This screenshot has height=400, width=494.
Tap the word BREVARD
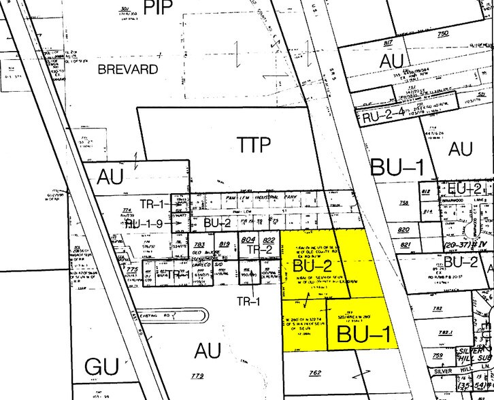122,69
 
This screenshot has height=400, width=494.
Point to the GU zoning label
101,367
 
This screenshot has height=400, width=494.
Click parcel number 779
198,376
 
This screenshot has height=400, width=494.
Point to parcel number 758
404,203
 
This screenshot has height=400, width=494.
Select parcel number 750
444,33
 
